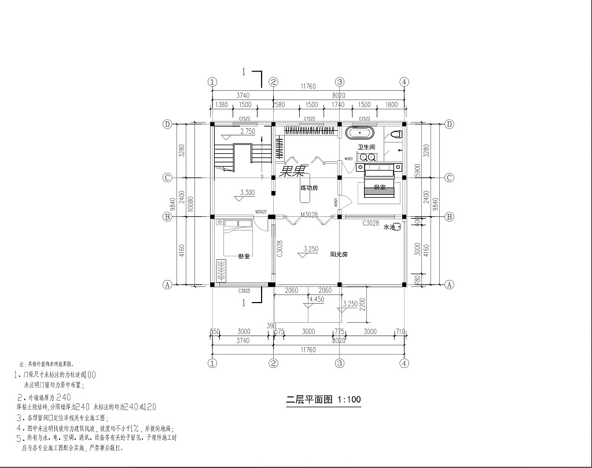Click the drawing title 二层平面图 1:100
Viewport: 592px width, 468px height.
pyautogui.click(x=323, y=400)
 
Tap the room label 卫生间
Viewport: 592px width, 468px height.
pyautogui.click(x=366, y=148)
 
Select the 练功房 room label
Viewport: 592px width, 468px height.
pyautogui.click(x=309, y=188)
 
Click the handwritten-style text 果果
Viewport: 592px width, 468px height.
pyautogui.click(x=292, y=171)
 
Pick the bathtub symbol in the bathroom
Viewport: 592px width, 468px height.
pyautogui.click(x=359, y=133)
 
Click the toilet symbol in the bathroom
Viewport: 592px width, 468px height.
pyautogui.click(x=396, y=134)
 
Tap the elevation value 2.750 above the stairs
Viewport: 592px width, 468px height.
pyautogui.click(x=247, y=131)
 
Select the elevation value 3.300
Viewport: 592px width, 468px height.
pyautogui.click(x=247, y=192)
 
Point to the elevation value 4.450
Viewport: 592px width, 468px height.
pyautogui.click(x=317, y=299)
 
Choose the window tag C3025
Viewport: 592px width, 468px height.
pyautogui.click(x=244, y=290)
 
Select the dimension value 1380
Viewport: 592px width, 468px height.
pyautogui.click(x=221, y=105)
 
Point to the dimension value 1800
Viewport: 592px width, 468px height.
pyautogui.click(x=391, y=105)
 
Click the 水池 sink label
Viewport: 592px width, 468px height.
pyautogui.click(x=389, y=227)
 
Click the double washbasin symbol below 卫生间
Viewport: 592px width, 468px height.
pyautogui.click(x=368, y=157)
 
